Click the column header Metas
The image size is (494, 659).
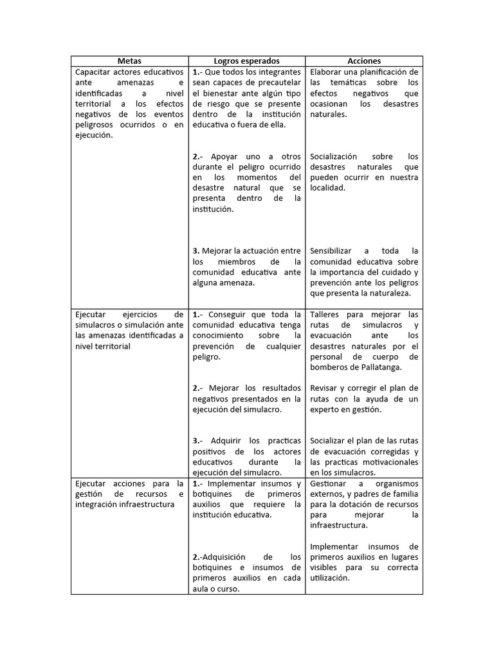tap(130, 60)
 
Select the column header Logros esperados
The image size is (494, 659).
tap(247, 60)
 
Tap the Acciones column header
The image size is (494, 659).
tap(364, 60)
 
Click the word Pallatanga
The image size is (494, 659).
tap(379, 367)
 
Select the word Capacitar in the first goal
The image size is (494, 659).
tap(95, 71)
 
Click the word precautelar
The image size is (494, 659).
tap(279, 82)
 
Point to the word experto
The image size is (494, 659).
tap(327, 409)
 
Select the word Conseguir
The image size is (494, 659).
tap(232, 315)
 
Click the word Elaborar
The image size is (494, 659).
tap(328, 71)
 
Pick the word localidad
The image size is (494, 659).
tap(328, 188)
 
